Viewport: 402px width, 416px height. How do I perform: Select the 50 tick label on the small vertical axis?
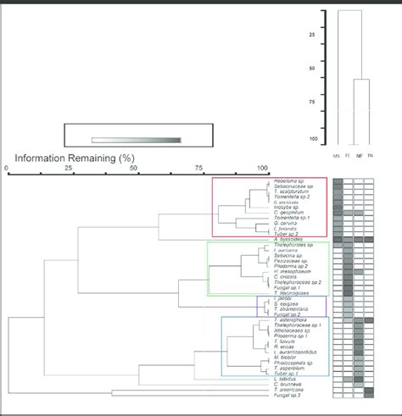312,68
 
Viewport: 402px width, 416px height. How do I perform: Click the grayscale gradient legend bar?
136,140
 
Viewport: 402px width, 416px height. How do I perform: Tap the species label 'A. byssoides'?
291,240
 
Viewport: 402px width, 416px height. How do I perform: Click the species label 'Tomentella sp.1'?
293,218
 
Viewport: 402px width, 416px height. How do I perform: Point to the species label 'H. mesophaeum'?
293,271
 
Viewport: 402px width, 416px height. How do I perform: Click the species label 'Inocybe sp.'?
288,208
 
